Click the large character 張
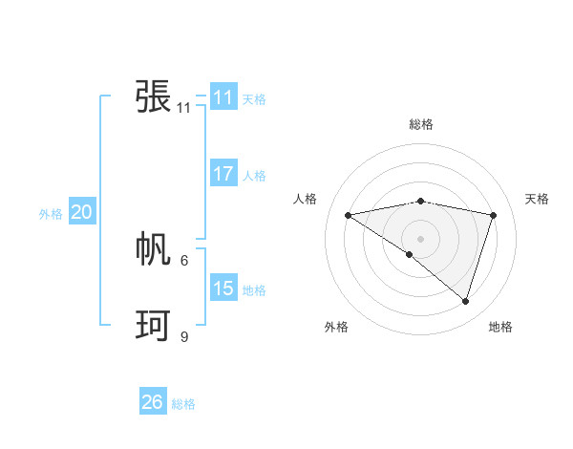pos(153,96)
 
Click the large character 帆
pos(153,249)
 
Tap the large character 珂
pos(153,326)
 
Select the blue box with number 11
pos(223,97)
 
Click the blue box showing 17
pos(223,174)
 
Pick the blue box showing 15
pos(223,289)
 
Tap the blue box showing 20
pos(81,213)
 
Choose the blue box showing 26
pos(152,402)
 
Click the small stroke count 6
pos(184,260)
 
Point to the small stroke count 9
pos(184,336)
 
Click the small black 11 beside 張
pos(184,108)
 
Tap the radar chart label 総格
pos(420,124)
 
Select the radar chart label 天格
pos(538,199)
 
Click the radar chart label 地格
pos(500,327)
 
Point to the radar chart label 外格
pos(336,327)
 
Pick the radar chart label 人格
pos(305,199)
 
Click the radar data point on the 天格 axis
pos(493,215)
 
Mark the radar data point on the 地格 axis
pos(465,301)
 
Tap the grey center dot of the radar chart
pos(420,238)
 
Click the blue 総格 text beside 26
pos(183,404)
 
